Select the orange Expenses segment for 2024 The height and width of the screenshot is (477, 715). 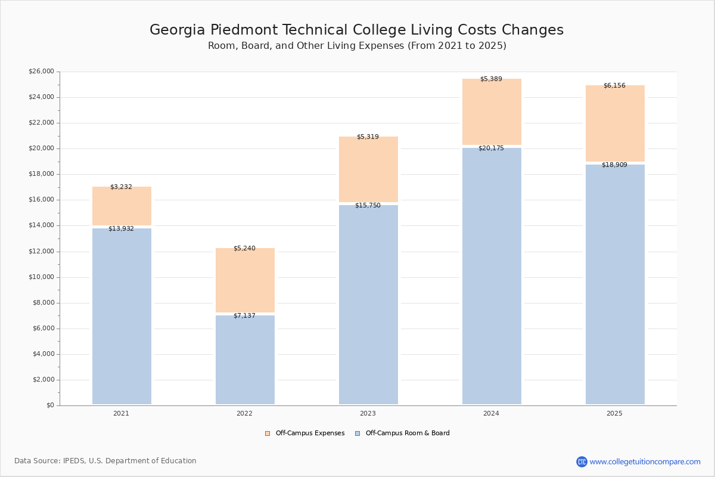click(x=492, y=111)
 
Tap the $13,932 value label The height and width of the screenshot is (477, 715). click(x=121, y=229)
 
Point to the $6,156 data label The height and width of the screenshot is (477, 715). click(x=614, y=86)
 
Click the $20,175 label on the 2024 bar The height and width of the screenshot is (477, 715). click(x=491, y=148)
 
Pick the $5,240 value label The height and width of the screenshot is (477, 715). click(x=244, y=249)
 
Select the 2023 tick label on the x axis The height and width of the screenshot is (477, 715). click(x=368, y=414)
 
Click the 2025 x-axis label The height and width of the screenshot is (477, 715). click(x=614, y=414)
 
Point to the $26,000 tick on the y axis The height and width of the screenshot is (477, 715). click(x=41, y=72)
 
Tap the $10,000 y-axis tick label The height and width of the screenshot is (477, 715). click(x=41, y=277)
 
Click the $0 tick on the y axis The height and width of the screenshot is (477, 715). click(x=49, y=405)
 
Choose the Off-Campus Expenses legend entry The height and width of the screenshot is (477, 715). click(x=305, y=433)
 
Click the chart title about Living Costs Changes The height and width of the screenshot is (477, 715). click(x=356, y=30)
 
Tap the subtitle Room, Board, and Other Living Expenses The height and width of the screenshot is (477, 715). click(x=357, y=46)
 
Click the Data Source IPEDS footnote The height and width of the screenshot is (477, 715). click(x=105, y=461)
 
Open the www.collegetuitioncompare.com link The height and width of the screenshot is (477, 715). click(x=645, y=461)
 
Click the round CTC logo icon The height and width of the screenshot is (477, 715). click(x=582, y=461)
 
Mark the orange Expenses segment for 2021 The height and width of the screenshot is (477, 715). click(x=122, y=206)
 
